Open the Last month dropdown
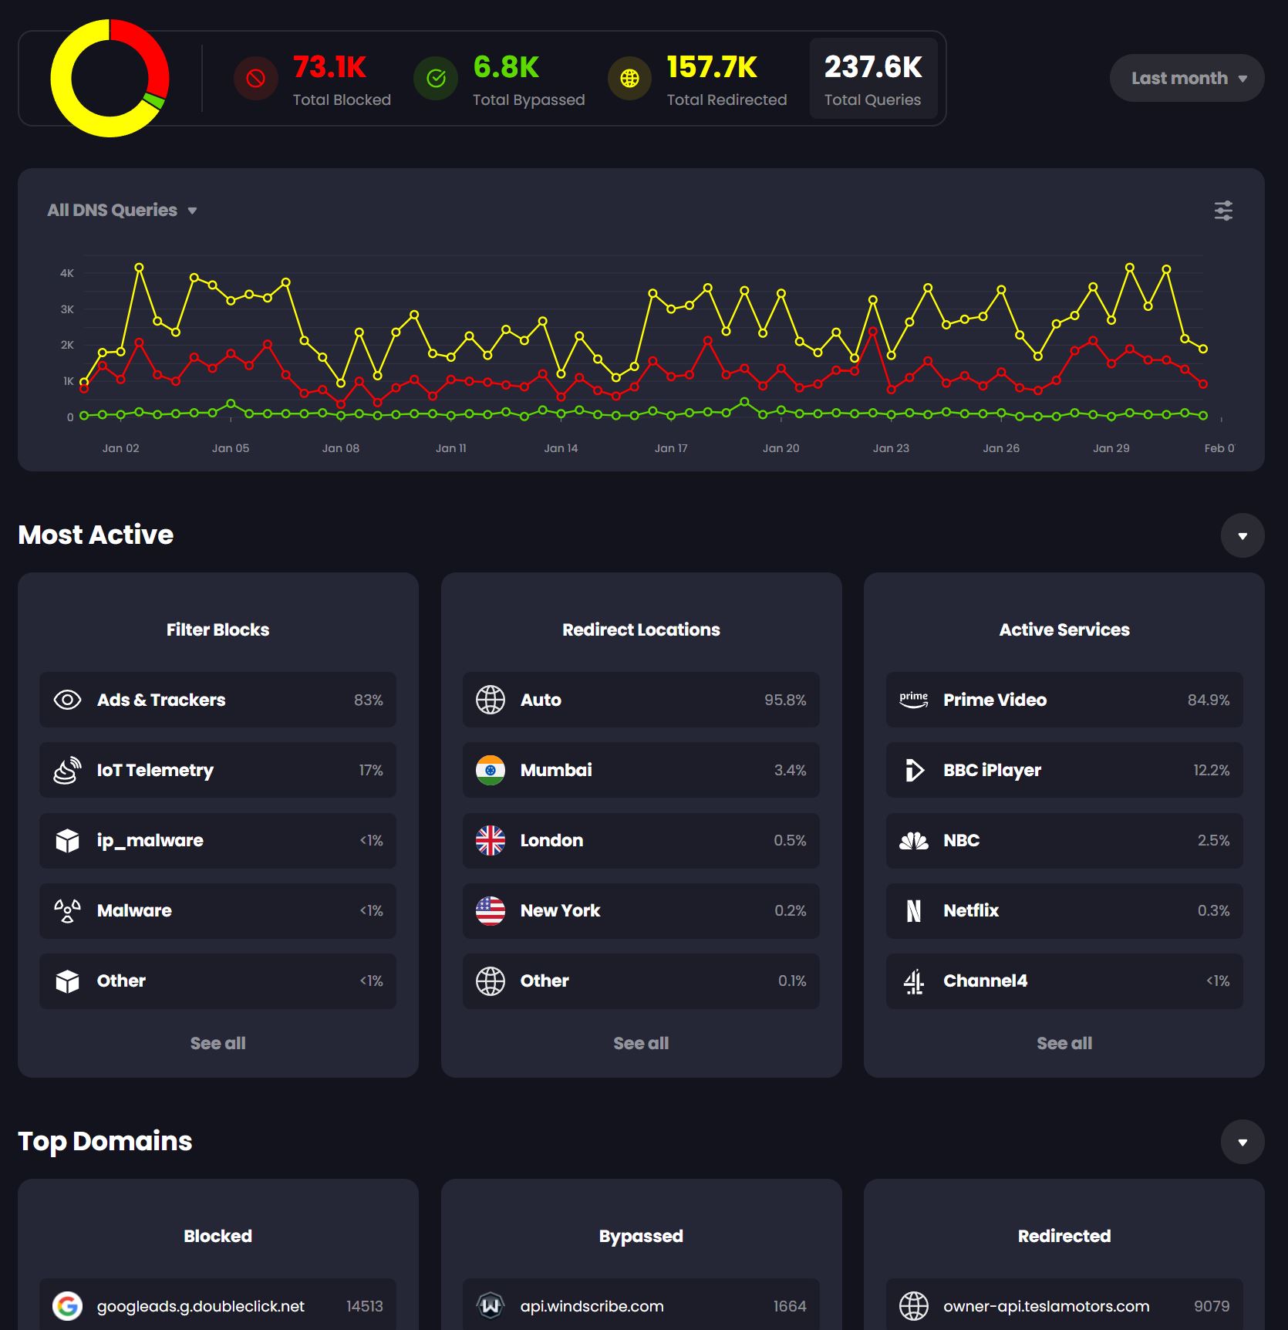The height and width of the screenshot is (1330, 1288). click(1187, 78)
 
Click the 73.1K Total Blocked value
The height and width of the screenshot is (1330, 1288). click(329, 67)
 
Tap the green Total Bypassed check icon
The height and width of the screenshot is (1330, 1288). click(436, 78)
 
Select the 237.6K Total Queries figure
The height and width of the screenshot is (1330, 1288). click(872, 67)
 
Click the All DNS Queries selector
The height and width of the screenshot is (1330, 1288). click(122, 210)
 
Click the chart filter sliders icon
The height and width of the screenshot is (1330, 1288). click(1223, 211)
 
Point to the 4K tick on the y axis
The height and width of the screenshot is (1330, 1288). click(67, 273)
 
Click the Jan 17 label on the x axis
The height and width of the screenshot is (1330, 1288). click(671, 448)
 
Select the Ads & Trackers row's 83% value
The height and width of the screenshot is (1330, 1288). click(368, 700)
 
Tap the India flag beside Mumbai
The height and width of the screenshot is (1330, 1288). click(491, 770)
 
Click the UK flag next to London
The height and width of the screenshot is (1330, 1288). click(491, 840)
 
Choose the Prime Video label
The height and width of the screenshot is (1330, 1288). click(994, 700)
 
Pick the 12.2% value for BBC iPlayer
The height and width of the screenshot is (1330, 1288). click(1211, 770)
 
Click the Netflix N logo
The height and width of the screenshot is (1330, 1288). click(914, 911)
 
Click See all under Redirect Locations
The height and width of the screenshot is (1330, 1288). click(641, 1043)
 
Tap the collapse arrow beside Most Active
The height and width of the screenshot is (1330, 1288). click(1242, 535)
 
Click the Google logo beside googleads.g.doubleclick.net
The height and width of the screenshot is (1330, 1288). click(68, 1306)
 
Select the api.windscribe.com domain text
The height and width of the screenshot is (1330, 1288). click(592, 1306)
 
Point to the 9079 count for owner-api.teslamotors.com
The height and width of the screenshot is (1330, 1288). click(1212, 1306)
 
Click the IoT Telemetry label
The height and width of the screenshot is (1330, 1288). click(155, 770)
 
